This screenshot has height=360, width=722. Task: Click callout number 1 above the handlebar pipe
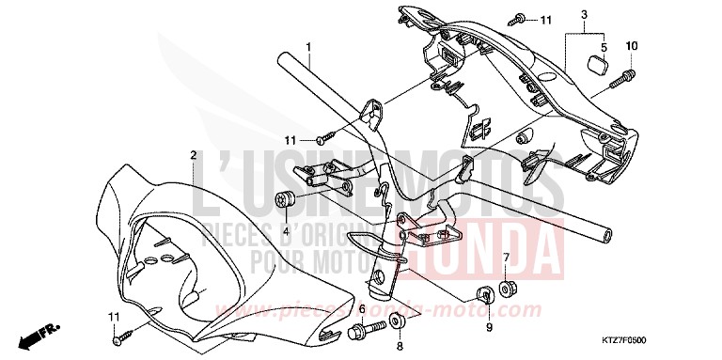307,45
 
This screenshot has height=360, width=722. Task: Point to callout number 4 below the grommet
285,230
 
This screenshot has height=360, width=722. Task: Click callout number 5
603,45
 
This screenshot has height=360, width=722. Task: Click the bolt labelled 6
362,332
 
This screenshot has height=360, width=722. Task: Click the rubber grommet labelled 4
286,200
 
